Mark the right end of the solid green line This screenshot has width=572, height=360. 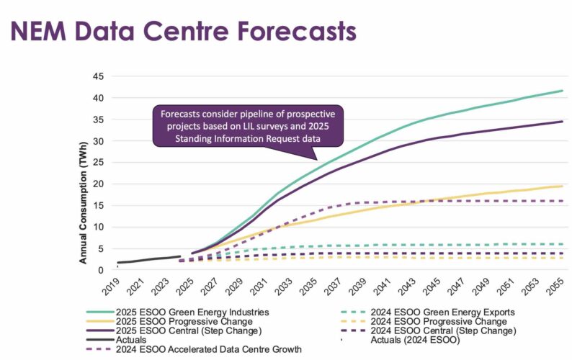click(563, 91)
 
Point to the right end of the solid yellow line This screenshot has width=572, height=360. click(563, 186)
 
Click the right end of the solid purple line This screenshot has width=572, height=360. click(563, 122)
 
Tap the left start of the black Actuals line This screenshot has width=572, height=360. click(117, 263)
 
